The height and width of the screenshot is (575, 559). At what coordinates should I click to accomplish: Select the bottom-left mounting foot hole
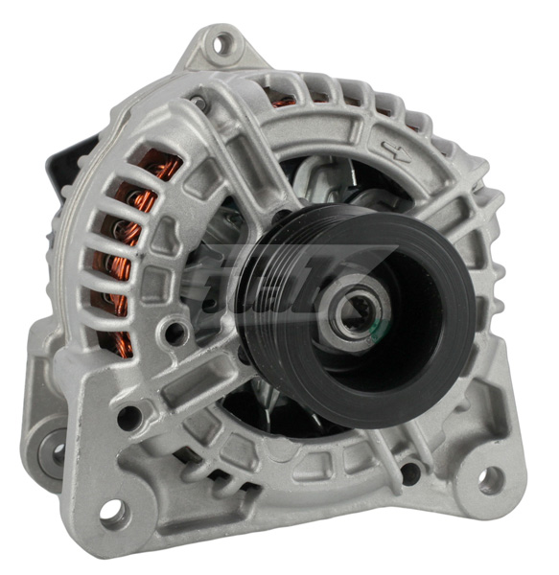[111, 512]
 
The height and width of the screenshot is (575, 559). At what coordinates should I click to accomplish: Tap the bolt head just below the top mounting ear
[198, 100]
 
